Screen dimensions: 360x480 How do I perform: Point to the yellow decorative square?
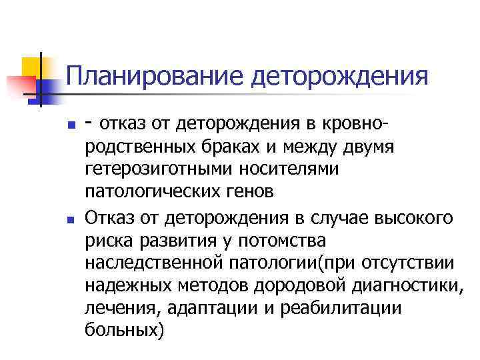tap(33, 67)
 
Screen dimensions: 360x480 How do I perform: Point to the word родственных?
tap(141, 147)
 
